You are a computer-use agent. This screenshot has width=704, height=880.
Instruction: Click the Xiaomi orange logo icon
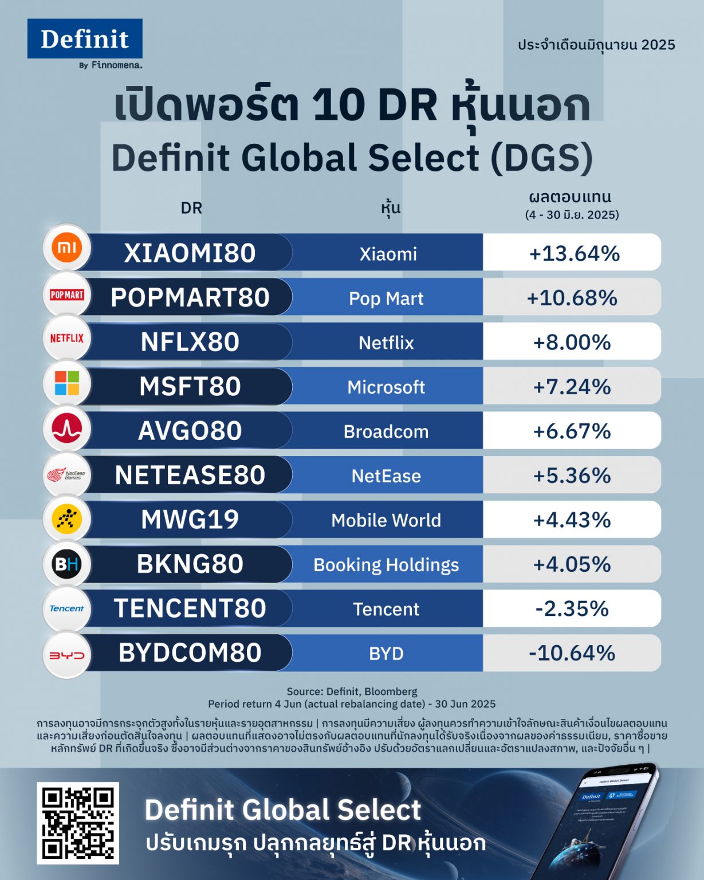pyautogui.click(x=67, y=248)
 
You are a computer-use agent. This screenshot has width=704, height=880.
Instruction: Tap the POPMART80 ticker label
pyautogui.click(x=190, y=297)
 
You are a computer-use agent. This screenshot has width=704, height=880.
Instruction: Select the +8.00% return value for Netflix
pyautogui.click(x=572, y=342)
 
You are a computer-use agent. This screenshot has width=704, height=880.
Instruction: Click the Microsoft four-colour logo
pyautogui.click(x=67, y=383)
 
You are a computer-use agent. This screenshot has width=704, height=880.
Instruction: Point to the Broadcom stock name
pyautogui.click(x=386, y=431)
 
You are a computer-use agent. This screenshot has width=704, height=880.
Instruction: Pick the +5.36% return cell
pyautogui.click(x=572, y=476)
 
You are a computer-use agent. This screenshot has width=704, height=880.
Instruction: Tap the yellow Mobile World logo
pyautogui.click(x=67, y=519)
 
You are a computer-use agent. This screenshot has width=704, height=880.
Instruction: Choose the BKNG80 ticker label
pyautogui.click(x=190, y=564)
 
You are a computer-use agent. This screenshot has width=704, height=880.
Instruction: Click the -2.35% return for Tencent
pyautogui.click(x=572, y=608)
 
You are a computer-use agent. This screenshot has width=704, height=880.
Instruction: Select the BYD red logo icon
pyautogui.click(x=67, y=655)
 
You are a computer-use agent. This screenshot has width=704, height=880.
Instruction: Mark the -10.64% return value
pyautogui.click(x=572, y=653)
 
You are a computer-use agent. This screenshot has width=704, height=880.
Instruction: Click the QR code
pyautogui.click(x=78, y=823)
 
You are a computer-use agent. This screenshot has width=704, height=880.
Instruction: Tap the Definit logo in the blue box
pyautogui.click(x=85, y=39)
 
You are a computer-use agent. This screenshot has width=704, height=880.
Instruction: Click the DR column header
pyautogui.click(x=191, y=208)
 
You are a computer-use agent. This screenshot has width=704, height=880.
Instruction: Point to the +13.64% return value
pyautogui.click(x=574, y=253)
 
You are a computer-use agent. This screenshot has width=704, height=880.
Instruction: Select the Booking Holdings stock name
pyautogui.click(x=386, y=565)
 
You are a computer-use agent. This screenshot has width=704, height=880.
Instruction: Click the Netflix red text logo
pyautogui.click(x=67, y=338)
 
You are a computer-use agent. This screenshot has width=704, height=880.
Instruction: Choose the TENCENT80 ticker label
pyautogui.click(x=190, y=608)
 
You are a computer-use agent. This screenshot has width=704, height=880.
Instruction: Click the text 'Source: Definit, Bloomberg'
pyautogui.click(x=352, y=692)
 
